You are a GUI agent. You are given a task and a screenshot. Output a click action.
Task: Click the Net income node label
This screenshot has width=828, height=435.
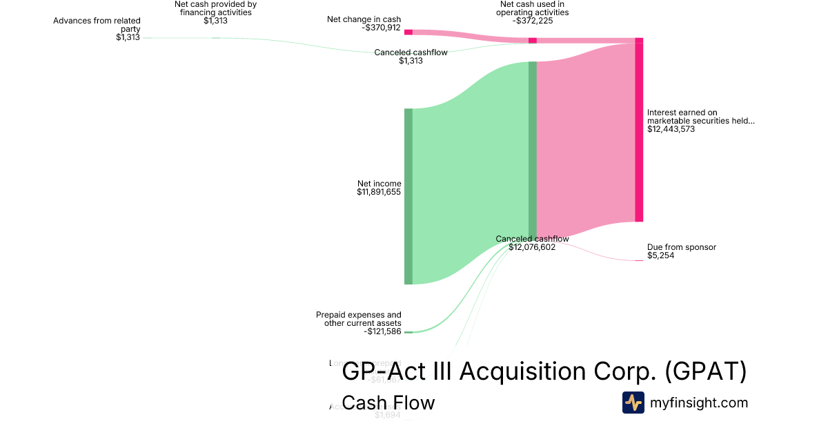379,184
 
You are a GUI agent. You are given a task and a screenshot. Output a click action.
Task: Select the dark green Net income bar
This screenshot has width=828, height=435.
408,196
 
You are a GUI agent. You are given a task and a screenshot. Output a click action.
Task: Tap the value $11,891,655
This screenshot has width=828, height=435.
379,192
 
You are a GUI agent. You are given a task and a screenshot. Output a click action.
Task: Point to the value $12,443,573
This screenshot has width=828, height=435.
671,129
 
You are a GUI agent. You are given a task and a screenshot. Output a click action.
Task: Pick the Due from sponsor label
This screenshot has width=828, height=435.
681,247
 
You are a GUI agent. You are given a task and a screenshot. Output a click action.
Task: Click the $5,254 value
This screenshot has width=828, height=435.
660,255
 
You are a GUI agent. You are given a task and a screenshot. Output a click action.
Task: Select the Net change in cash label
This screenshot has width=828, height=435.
364,19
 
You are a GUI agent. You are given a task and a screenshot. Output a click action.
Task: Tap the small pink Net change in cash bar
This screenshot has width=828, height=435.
408,32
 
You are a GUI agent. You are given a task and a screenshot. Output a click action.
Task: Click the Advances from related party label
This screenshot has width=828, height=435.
97,25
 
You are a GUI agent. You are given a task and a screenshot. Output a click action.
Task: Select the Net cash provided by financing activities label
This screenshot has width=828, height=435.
215,8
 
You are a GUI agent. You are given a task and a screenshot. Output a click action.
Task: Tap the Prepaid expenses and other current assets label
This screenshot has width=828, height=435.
358,319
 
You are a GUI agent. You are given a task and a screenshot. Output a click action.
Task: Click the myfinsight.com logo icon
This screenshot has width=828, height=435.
633,403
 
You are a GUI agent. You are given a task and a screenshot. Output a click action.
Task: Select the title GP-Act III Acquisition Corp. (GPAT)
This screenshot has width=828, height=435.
544,371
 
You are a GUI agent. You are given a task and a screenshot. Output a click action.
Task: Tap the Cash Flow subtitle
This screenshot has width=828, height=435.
388,403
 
